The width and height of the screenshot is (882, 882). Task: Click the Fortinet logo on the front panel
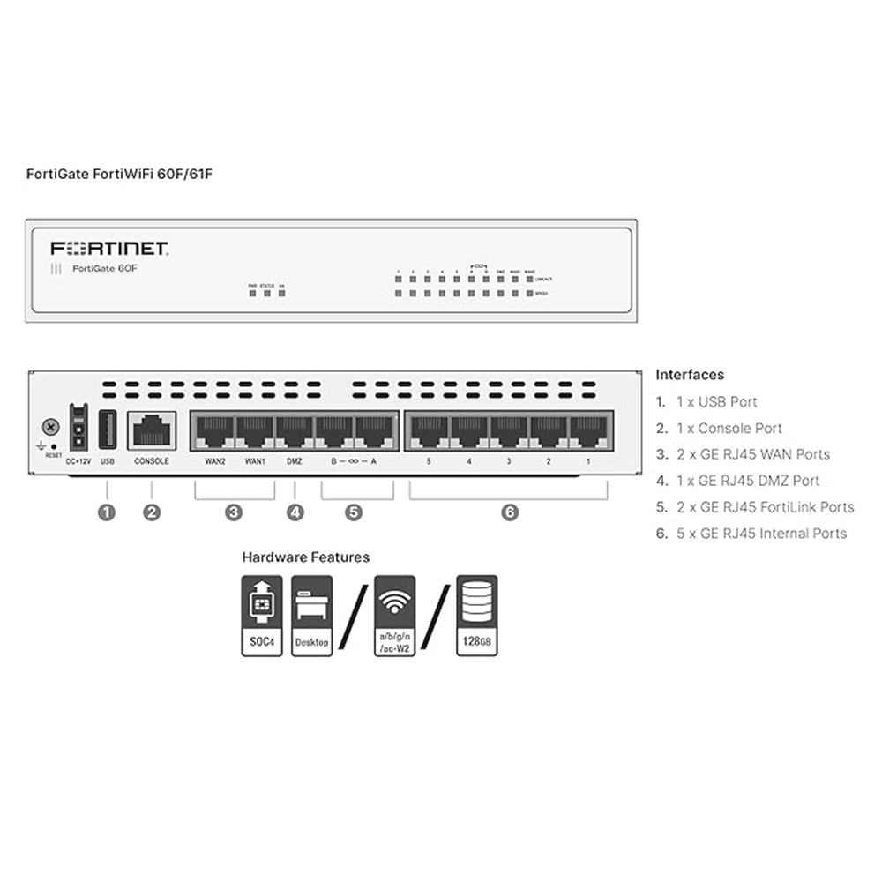(110, 248)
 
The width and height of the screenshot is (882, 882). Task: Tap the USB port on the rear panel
(108, 430)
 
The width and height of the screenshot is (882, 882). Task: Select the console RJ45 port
(152, 431)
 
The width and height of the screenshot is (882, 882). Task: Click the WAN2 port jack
(213, 431)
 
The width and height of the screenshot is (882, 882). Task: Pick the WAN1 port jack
(255, 431)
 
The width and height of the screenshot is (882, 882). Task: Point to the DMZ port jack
(295, 431)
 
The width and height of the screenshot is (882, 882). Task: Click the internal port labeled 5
(428, 431)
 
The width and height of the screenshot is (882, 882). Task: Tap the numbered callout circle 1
(107, 512)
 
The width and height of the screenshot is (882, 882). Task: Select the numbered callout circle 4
(295, 512)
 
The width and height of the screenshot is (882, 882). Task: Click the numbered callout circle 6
(510, 512)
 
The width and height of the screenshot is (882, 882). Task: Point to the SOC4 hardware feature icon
(262, 616)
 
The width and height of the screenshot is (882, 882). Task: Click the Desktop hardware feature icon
(311, 616)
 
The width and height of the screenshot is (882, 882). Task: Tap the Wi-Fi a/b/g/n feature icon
(394, 616)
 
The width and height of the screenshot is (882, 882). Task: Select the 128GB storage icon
(476, 616)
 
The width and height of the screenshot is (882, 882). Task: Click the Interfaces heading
(690, 375)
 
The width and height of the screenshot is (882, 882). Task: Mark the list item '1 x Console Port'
(729, 428)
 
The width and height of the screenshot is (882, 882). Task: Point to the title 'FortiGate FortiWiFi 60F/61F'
(119, 174)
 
